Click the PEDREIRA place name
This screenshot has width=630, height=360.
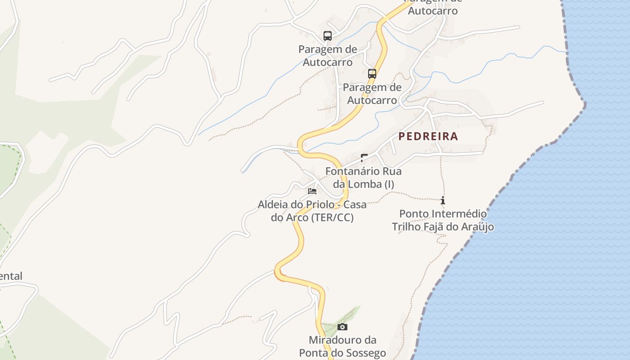428,136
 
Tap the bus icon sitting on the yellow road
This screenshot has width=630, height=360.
372,73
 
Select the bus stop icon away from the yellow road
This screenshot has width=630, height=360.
328,36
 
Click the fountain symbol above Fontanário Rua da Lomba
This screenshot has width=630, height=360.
364,158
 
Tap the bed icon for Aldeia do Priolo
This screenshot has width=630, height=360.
312,191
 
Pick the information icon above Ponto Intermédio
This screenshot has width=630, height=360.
443,200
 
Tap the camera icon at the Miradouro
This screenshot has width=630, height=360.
342,327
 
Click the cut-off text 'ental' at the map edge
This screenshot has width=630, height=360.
11,276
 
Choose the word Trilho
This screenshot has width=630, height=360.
407,227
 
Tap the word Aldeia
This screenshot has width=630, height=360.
272,205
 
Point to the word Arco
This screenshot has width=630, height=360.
297,218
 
